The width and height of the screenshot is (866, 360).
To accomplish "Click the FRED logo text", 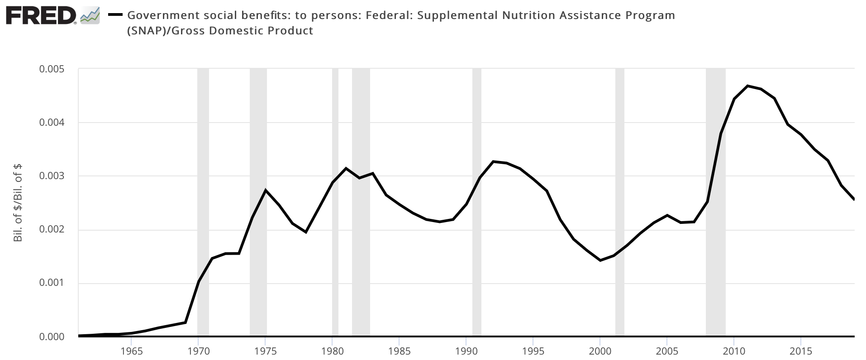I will pyautogui.click(x=41, y=16).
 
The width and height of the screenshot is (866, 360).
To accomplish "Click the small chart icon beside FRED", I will pyautogui.click(x=90, y=16).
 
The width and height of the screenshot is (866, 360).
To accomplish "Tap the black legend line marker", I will pyautogui.click(x=116, y=15).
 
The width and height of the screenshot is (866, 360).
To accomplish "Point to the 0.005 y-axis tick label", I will pyautogui.click(x=52, y=69).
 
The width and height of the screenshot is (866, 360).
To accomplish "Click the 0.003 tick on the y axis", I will pyautogui.click(x=52, y=176).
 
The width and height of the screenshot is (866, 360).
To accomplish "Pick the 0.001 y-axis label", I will pyautogui.click(x=52, y=283).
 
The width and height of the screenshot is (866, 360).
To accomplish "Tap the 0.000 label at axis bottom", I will pyautogui.click(x=52, y=337).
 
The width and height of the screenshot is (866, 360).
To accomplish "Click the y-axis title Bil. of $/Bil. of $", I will pyautogui.click(x=18, y=203).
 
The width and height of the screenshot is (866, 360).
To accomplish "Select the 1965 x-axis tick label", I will pyautogui.click(x=131, y=351).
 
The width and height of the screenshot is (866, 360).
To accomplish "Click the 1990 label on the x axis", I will pyautogui.click(x=466, y=351).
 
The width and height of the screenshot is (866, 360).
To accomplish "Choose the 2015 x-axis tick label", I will pyautogui.click(x=801, y=351).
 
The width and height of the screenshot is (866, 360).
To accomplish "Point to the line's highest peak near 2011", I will pyautogui.click(x=747, y=85).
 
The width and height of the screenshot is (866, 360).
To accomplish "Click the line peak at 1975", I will pyautogui.click(x=266, y=190).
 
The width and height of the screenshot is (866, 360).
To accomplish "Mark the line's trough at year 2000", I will pyautogui.click(x=600, y=261).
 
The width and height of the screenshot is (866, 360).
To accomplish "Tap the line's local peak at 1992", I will pyautogui.click(x=493, y=161).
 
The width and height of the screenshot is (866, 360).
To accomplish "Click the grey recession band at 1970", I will pyautogui.click(x=203, y=204).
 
